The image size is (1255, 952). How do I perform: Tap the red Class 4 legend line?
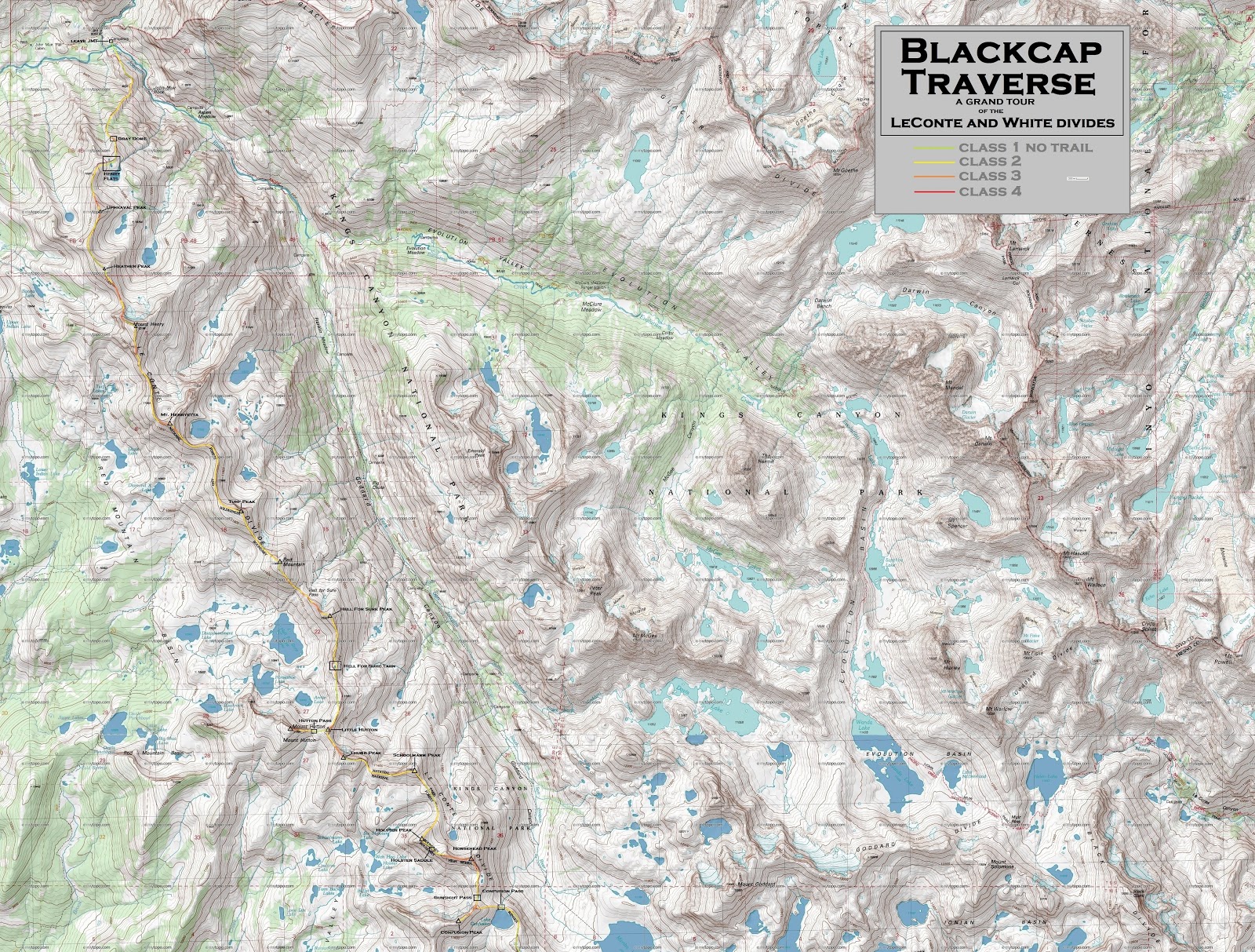click(x=933, y=191)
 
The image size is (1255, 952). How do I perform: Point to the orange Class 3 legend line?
click(x=933, y=177)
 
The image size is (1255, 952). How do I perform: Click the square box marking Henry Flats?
click(x=108, y=162)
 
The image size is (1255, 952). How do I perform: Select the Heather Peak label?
click(x=130, y=266)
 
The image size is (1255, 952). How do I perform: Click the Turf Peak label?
click(x=238, y=501)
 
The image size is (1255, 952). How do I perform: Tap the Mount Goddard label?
click(x=756, y=885)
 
